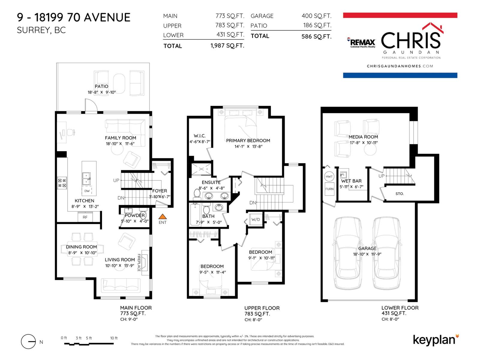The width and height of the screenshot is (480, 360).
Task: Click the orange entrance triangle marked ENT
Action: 162,216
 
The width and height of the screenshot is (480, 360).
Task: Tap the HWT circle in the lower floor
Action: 329,176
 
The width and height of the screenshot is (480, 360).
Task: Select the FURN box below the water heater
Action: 329,189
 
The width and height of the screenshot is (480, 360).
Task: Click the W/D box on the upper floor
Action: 256,219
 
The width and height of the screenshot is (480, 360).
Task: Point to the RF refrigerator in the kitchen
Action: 85,217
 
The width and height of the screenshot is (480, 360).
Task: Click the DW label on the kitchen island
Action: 87,191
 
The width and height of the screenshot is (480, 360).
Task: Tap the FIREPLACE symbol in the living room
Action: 145,262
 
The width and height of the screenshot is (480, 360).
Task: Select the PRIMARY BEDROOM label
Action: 248,140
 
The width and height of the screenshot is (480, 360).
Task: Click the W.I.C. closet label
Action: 199,136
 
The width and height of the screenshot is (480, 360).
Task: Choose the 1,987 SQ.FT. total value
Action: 227,46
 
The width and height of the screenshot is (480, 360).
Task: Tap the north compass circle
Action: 28,341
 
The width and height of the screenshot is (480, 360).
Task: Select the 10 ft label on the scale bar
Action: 114,338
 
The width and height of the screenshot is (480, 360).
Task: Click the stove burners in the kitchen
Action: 62,183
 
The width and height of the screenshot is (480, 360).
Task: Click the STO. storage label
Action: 399,194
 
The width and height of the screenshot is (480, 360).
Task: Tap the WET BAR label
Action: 351,181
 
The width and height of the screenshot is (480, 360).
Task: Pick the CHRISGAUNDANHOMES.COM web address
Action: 400,66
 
